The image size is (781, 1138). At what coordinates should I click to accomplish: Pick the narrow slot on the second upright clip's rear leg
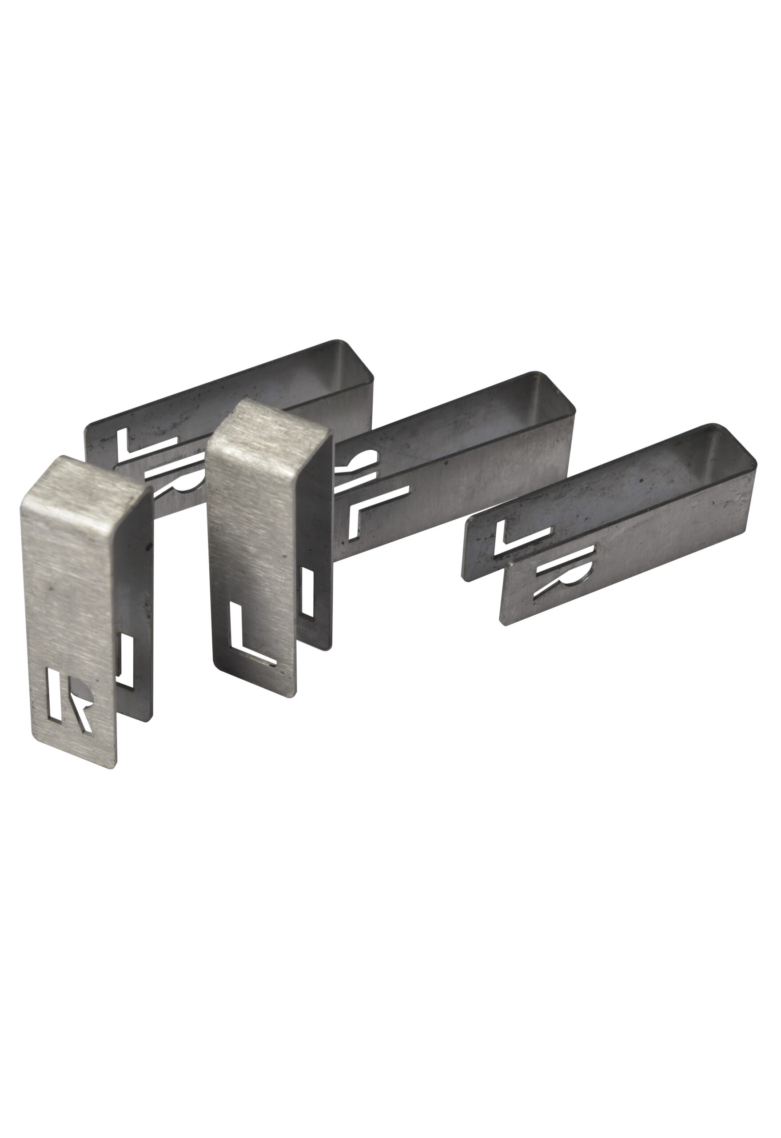307,592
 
